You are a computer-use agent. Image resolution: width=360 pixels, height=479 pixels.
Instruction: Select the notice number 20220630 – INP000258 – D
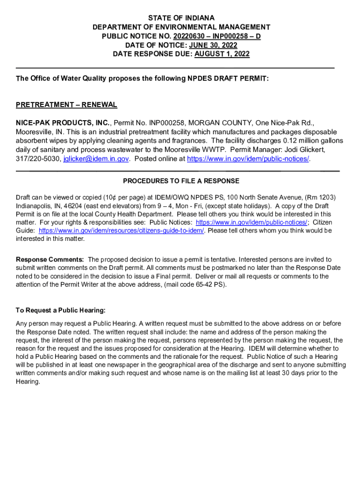pos(210,36)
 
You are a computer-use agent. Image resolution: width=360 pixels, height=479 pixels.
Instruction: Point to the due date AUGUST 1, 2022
pos(222,54)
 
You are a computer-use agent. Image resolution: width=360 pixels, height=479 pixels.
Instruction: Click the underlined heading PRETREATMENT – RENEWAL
pos(66,105)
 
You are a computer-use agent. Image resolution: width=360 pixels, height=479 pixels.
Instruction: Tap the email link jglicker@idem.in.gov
pos(96,159)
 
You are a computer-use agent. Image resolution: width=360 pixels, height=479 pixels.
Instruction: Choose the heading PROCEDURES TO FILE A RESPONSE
pos(181,181)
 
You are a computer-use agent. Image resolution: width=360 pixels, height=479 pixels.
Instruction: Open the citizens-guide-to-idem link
pos(122,231)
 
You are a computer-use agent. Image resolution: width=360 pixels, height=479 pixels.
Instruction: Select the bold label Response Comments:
pos(50,259)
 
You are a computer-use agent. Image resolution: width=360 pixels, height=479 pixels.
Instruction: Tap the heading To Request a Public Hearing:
pos(61,310)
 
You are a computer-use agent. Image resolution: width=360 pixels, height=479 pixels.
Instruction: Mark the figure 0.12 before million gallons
pos(292,141)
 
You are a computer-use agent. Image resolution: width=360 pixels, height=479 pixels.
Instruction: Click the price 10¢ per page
pos(93,197)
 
